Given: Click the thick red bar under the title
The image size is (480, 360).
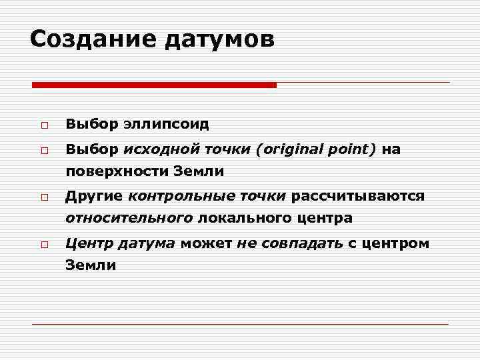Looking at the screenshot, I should click(154, 85).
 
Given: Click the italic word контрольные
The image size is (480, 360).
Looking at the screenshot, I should click(182, 196).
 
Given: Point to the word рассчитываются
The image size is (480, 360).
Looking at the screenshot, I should click(357, 196).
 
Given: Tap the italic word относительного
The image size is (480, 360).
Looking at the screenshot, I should click(129, 217).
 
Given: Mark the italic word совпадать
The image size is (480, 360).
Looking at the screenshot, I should click(301, 243).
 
